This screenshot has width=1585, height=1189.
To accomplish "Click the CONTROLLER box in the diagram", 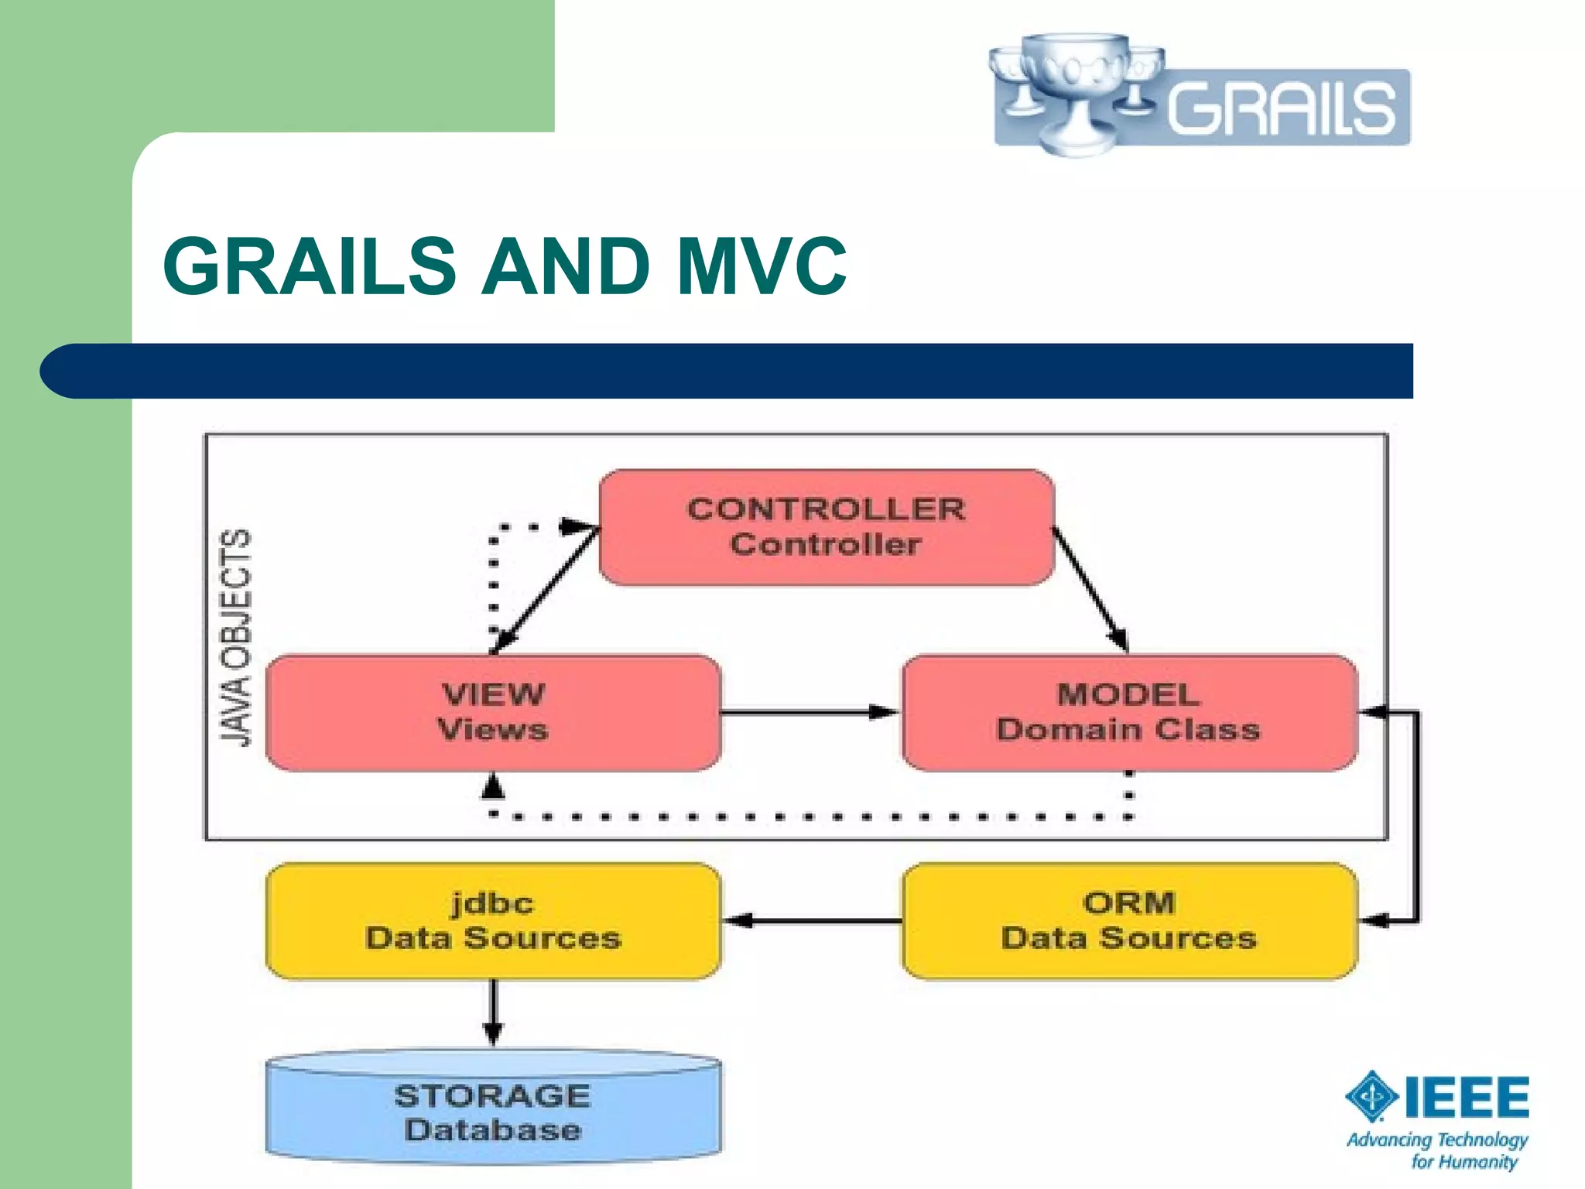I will tap(826, 527).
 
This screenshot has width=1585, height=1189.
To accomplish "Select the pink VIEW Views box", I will tap(493, 712).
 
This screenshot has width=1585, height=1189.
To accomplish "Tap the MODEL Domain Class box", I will tap(1128, 712).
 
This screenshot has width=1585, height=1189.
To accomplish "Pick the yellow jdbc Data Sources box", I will tap(493, 920).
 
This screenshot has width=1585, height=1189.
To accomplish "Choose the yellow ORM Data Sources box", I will tap(1128, 920).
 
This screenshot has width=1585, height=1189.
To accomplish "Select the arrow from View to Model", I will tap(809, 711).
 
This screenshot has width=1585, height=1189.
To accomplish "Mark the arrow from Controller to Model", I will tap(1090, 588).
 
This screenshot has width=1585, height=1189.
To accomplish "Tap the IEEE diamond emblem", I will tap(1371, 1095).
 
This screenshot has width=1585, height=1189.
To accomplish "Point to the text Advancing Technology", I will tap(1436, 1139).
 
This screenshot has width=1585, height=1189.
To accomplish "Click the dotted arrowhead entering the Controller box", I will tap(577, 526).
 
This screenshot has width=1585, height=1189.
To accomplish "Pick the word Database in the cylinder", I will tap(493, 1130).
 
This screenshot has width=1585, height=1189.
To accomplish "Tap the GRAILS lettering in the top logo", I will tap(1281, 108).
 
